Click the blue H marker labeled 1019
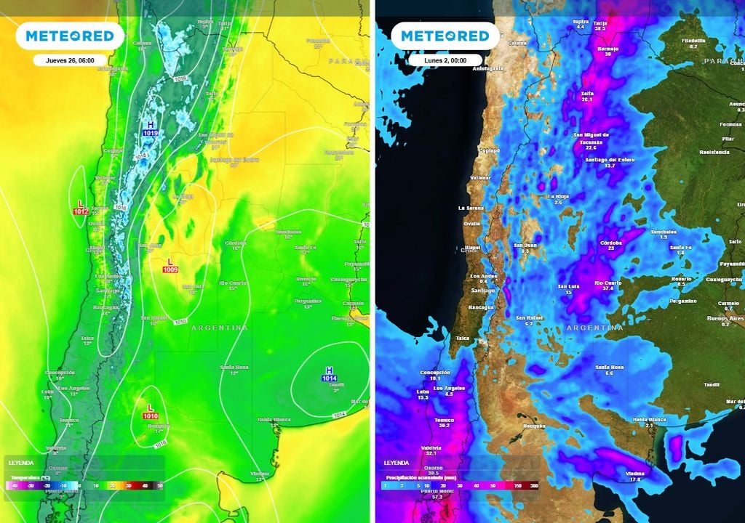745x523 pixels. pyautogui.click(x=151, y=129)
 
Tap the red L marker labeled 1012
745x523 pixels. pyautogui.click(x=81, y=207)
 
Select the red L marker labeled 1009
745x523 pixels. pyautogui.click(x=170, y=265)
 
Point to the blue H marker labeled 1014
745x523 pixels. pyautogui.click(x=330, y=374)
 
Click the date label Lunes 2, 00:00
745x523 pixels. pyautogui.click(x=445, y=60)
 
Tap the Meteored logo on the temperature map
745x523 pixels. pyautogui.click(x=70, y=36)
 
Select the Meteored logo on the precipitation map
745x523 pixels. pyautogui.click(x=445, y=36)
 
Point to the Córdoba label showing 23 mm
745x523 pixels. pyautogui.click(x=610, y=245)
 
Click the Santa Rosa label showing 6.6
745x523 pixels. pyautogui.click(x=609, y=370)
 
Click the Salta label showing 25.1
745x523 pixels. pyautogui.click(x=587, y=97)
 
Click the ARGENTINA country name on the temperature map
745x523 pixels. pyautogui.click(x=219, y=328)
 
